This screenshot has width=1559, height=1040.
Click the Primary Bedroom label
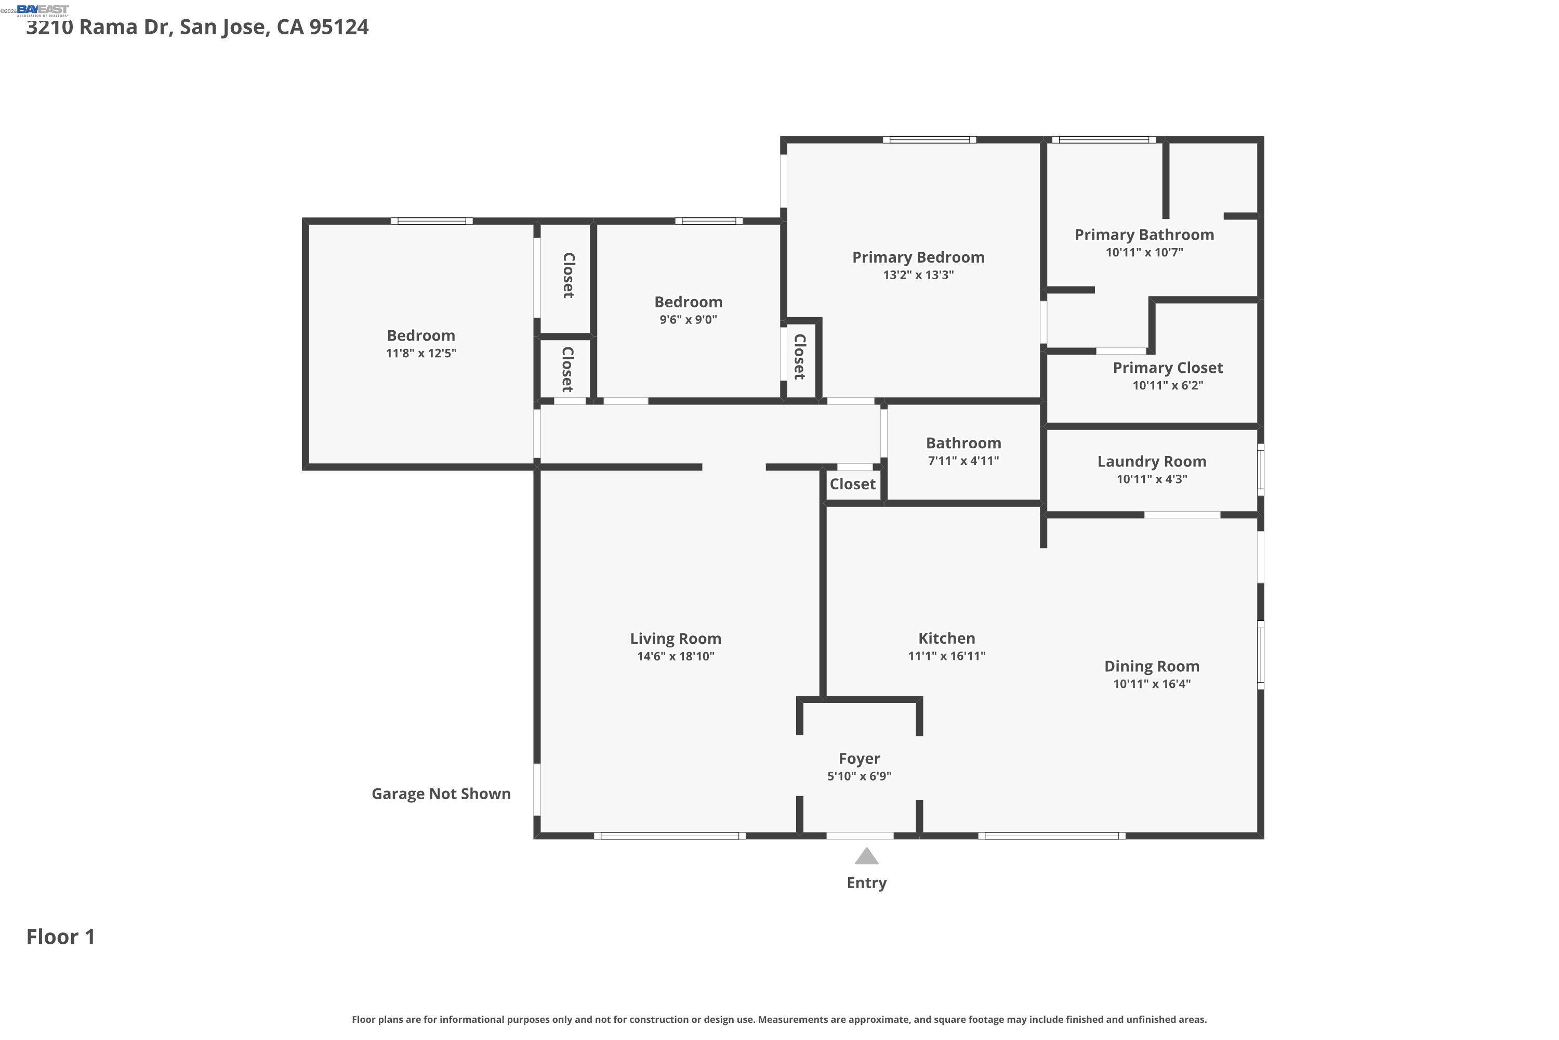pyautogui.click(x=918, y=257)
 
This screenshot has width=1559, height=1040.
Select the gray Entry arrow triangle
pyautogui.click(x=866, y=857)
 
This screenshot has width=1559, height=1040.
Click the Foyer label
pyautogui.click(x=859, y=758)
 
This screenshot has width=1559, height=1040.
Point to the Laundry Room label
pyautogui.click(x=1152, y=462)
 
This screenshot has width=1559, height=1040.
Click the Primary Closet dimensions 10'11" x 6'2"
pyautogui.click(x=1167, y=385)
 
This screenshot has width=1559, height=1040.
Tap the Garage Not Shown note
pyautogui.click(x=441, y=794)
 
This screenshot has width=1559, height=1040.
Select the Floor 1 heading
pyautogui.click(x=61, y=937)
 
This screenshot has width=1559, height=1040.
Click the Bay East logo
pyautogui.click(x=43, y=10)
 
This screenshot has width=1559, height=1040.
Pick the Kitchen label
pyautogui.click(x=946, y=638)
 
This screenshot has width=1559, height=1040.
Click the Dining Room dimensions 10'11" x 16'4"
pyautogui.click(x=1152, y=684)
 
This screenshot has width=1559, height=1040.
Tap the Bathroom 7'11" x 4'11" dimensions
pyautogui.click(x=962, y=461)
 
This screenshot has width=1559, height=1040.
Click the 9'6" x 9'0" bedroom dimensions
pyautogui.click(x=688, y=320)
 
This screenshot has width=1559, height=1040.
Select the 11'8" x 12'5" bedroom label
pyautogui.click(x=421, y=335)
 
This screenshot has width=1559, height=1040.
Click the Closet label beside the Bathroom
pyautogui.click(x=852, y=484)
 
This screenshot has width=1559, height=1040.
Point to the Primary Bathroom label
pyautogui.click(x=1144, y=235)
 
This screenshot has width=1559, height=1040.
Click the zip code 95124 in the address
pyautogui.click(x=339, y=27)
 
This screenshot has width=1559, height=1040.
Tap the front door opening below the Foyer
pyautogui.click(x=860, y=836)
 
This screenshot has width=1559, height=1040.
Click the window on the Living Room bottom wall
pyautogui.click(x=669, y=836)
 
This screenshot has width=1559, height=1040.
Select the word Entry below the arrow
pyautogui.click(x=866, y=883)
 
